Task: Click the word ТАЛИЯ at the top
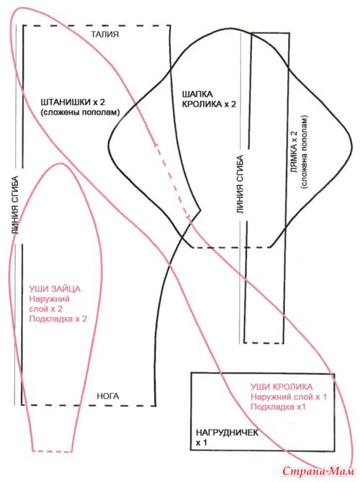coord(105,34)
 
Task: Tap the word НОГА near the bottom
coord(108,396)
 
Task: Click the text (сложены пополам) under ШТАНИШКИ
coord(80,112)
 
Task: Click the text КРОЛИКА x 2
coord(210,104)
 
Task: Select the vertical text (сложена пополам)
coord(305,152)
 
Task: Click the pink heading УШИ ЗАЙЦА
coord(55,289)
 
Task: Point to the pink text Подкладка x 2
coord(58,319)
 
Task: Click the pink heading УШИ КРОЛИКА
coord(282,387)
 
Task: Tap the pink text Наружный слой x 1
coord(289,397)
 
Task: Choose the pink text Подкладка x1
coord(278,407)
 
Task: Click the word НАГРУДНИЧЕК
coord(228,432)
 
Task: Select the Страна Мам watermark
coord(318,471)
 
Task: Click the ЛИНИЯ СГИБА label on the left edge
coord(15,205)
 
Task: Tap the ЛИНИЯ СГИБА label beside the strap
coord(240,185)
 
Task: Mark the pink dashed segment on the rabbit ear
coord(171,180)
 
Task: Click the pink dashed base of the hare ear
coord(53,451)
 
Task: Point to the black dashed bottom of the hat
coord(231,247)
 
